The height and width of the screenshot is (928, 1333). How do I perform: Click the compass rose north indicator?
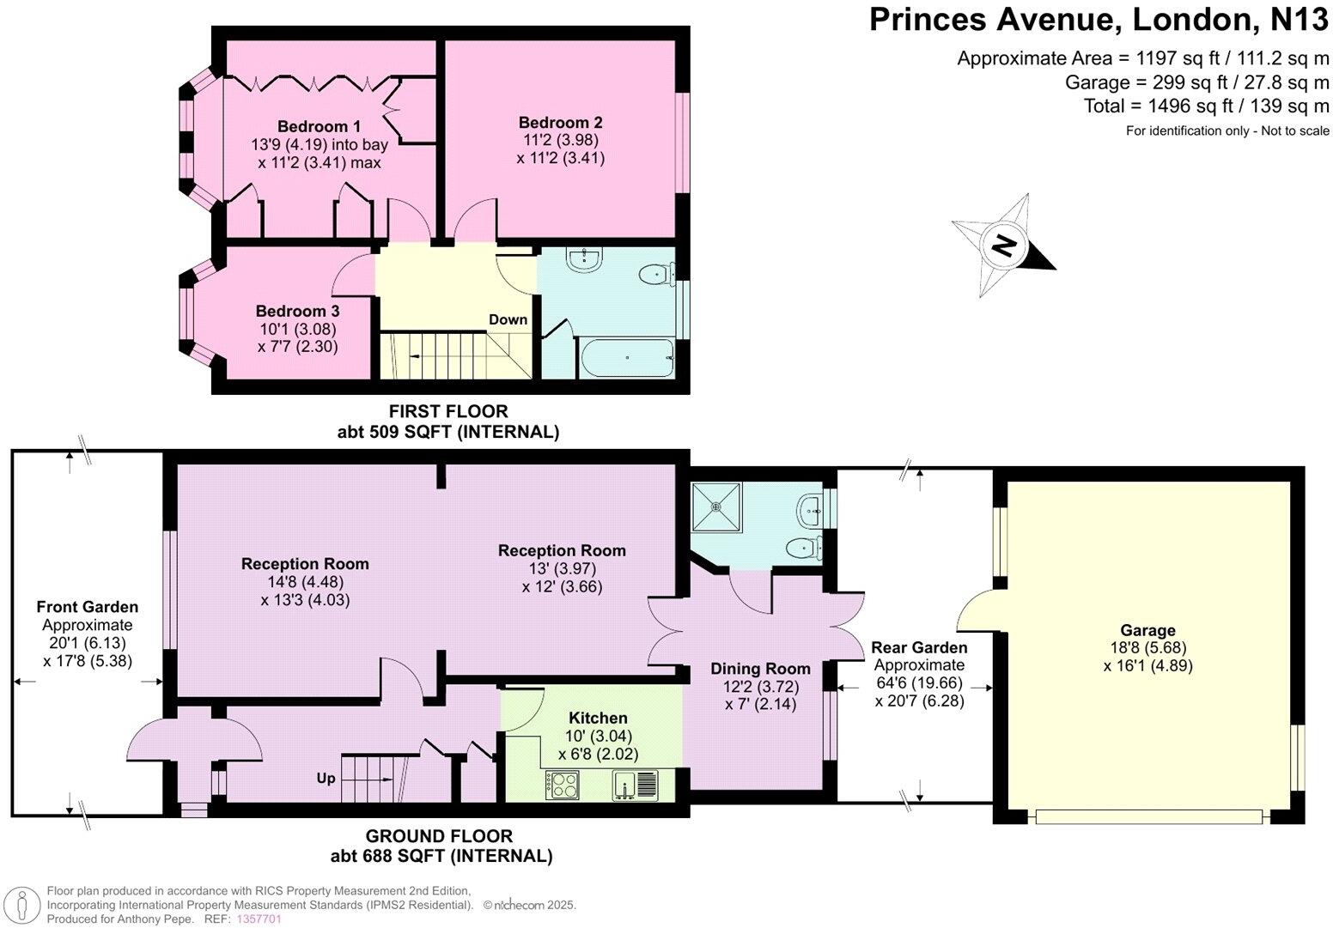(x=1003, y=246)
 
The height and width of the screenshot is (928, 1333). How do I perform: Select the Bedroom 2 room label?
(x=560, y=122)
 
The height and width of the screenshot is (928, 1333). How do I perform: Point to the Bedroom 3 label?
(x=297, y=311)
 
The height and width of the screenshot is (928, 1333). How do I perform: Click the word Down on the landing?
(x=508, y=319)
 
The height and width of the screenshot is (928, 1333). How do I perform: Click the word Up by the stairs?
(x=326, y=779)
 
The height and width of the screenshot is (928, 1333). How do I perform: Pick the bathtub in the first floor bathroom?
(x=626, y=356)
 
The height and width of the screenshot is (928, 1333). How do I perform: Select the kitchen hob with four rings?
(x=563, y=785)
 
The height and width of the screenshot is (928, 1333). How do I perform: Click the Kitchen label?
(x=598, y=718)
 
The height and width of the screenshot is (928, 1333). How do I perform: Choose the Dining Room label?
(x=760, y=669)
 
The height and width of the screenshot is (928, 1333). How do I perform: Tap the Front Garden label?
(x=87, y=607)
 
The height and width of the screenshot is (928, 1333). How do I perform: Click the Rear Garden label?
(x=919, y=647)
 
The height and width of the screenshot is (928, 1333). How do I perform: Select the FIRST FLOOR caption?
(x=447, y=412)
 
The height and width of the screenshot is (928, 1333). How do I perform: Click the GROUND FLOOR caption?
(x=439, y=836)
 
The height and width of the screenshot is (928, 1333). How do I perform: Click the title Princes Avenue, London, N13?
(x=1099, y=19)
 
